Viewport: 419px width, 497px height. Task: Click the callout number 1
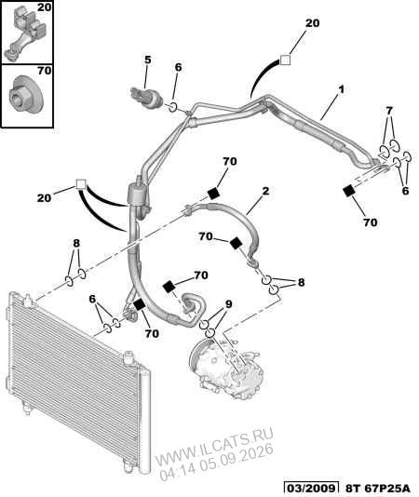click(342, 89)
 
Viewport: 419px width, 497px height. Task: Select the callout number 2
click(265, 191)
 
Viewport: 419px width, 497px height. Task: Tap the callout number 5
click(148, 60)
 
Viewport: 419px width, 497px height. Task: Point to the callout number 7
click(389, 111)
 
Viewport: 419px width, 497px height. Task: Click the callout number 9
click(228, 304)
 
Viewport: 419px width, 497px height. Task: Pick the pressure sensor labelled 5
click(147, 98)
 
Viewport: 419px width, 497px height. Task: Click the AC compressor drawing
click(227, 368)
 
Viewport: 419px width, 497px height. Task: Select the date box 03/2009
click(311, 488)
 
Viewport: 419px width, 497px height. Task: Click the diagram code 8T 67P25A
click(377, 488)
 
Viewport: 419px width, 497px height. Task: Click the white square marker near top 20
click(285, 60)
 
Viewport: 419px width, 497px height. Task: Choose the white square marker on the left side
click(81, 184)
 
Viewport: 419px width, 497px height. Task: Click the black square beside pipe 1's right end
click(349, 192)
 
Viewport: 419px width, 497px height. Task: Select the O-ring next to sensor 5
click(172, 107)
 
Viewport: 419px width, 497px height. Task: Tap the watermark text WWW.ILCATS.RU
click(214, 443)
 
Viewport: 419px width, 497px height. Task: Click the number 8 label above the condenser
click(76, 244)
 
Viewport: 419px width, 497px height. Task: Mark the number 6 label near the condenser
click(92, 299)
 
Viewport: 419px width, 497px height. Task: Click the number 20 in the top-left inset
click(44, 7)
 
